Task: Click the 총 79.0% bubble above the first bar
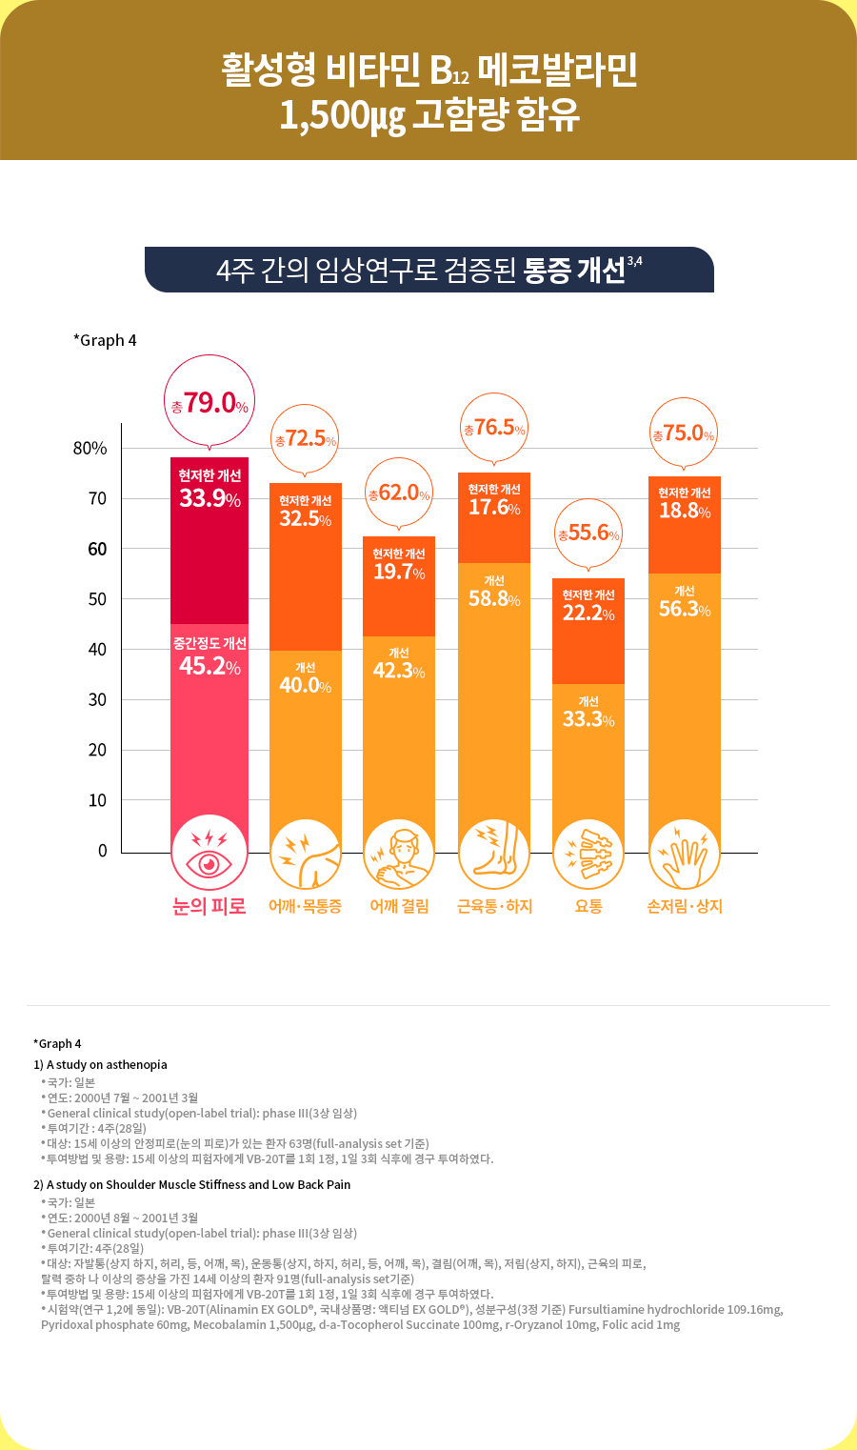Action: (209, 403)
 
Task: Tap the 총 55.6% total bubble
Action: (588, 533)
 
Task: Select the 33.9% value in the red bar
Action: (209, 497)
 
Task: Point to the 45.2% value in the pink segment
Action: (209, 665)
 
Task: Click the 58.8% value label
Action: (494, 599)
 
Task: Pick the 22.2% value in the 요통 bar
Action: (588, 613)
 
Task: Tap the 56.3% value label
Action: (685, 609)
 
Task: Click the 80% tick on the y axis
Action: (90, 448)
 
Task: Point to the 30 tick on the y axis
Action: (97, 699)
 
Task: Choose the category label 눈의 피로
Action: (209, 906)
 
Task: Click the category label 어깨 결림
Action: (399, 906)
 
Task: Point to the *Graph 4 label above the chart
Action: (105, 340)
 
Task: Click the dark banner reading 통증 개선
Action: (429, 270)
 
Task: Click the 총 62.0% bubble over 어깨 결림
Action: (399, 493)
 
